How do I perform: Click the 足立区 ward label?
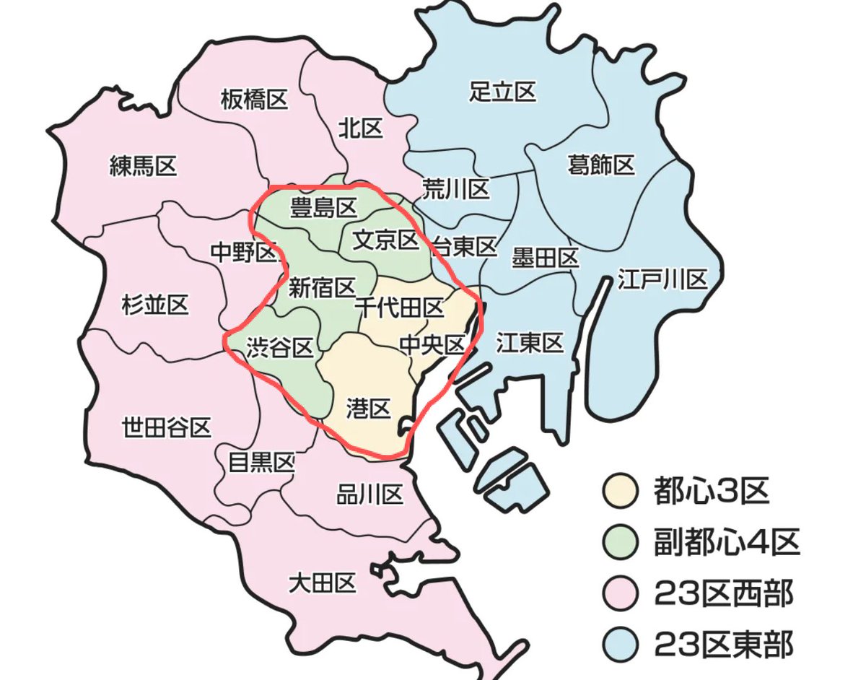(502, 92)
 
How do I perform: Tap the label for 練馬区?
(143, 167)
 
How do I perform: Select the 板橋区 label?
(254, 99)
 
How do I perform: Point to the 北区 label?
(360, 129)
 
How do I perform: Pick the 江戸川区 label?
(662, 279)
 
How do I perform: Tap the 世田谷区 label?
(166, 427)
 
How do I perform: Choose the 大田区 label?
(322, 583)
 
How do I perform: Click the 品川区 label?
(369, 495)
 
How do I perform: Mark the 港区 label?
(368, 410)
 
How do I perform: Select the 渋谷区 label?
(279, 349)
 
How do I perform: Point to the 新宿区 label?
(322, 288)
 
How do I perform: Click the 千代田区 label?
(400, 308)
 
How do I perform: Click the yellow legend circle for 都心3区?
(620, 492)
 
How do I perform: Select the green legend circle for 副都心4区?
(620, 543)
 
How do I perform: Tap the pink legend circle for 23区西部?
(620, 593)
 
